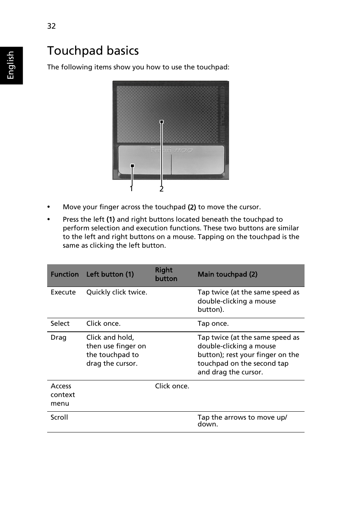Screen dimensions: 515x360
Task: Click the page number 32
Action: pyautogui.click(x=51, y=26)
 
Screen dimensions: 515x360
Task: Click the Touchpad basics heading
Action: pyautogui.click(x=93, y=51)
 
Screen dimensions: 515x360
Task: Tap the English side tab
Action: pyautogui.click(x=11, y=65)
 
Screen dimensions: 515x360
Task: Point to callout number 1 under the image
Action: pyautogui.click(x=131, y=189)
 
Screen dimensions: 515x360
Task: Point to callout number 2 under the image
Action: pyautogui.click(x=162, y=189)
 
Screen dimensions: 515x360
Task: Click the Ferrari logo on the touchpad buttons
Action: pyautogui.click(x=171, y=150)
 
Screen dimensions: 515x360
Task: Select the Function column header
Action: pyautogui.click(x=65, y=274)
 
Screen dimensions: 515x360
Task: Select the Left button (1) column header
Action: pyautogui.click(x=110, y=274)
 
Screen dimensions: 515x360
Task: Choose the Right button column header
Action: pyautogui.click(x=166, y=274)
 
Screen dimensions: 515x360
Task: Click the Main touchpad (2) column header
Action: pyautogui.click(x=227, y=274)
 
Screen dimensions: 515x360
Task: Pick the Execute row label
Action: pyautogui.click(x=63, y=292)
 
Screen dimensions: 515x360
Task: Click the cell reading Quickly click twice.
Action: pyautogui.click(x=117, y=292)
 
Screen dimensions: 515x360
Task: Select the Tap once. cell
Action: pyautogui.click(x=213, y=323)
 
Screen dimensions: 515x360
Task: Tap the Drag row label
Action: pyautogui.click(x=58, y=337)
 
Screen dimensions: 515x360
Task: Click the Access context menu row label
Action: pyautogui.click(x=63, y=395)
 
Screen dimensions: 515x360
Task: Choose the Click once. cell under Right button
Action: pyautogui.click(x=172, y=386)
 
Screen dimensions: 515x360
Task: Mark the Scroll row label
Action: pyautogui.click(x=59, y=417)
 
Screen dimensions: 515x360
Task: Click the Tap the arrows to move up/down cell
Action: pyautogui.click(x=242, y=420)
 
